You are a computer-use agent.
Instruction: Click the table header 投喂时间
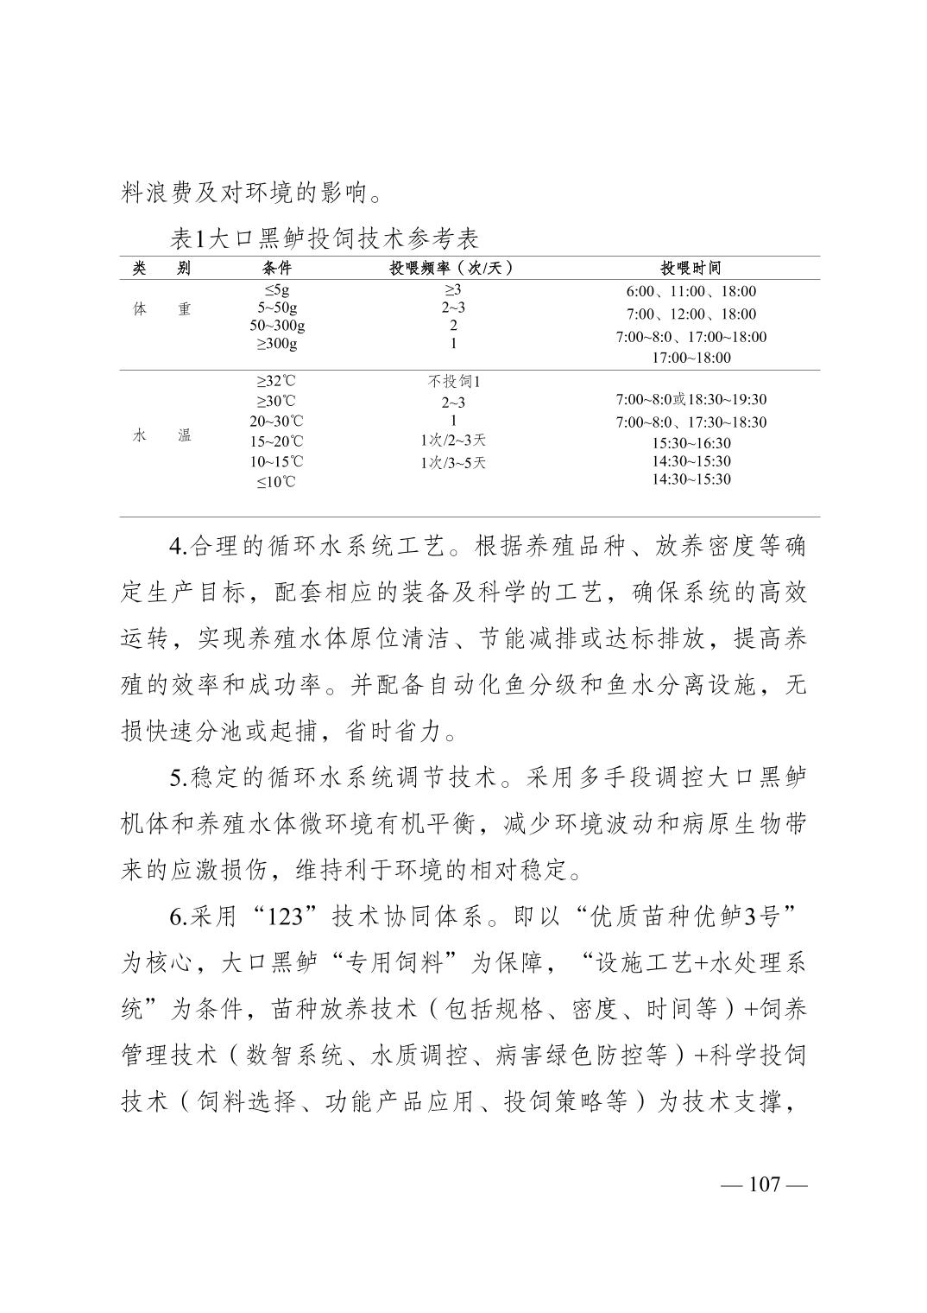(691, 268)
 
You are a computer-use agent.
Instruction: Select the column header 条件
(276, 268)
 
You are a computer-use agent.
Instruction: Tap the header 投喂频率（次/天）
(452, 268)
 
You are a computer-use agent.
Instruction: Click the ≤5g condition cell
(276, 290)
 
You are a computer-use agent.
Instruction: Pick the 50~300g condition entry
(277, 326)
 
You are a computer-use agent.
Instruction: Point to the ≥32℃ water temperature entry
(276, 381)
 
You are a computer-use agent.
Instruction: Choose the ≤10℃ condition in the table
(276, 482)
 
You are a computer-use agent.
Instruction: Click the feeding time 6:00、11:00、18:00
(691, 292)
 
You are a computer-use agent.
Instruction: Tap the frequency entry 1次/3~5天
(453, 462)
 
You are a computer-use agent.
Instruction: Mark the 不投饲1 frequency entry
(453, 381)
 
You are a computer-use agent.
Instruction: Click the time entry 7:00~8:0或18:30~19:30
(691, 400)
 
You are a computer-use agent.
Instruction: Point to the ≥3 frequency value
(453, 290)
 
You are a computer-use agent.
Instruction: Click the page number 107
(764, 1183)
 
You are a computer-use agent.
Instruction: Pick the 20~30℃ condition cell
(276, 422)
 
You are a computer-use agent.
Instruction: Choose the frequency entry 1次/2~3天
(453, 441)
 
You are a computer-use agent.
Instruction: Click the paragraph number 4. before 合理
(178, 547)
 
